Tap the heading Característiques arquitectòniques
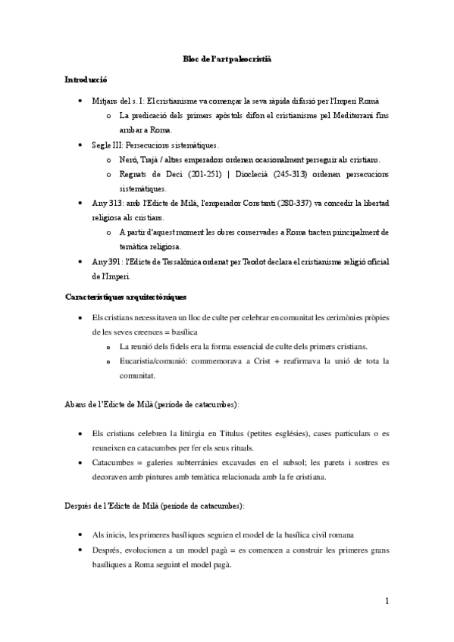coord(124,296)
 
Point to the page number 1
coord(387,602)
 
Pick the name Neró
coord(128,160)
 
